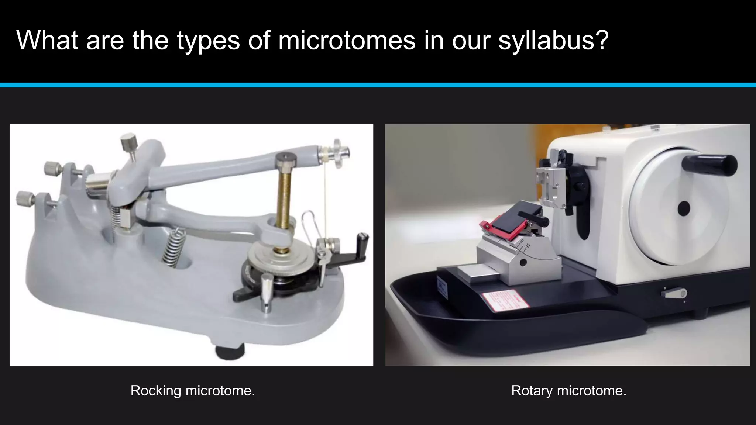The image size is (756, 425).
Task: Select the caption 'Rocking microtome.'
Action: pos(193,391)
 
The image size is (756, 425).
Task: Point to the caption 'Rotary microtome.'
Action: pos(568,391)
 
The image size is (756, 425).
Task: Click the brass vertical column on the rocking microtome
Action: pos(284,203)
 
